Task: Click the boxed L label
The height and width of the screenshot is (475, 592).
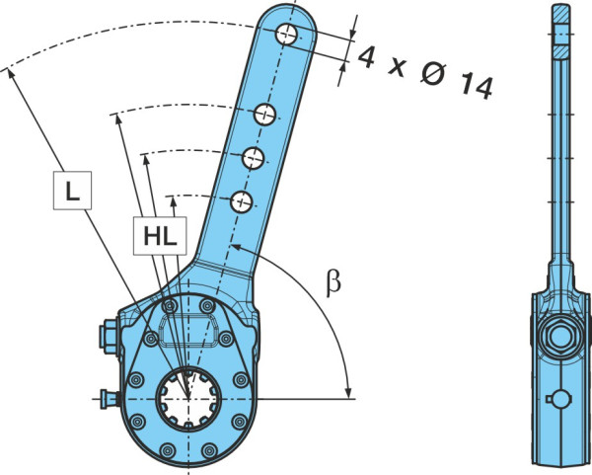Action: point(72,190)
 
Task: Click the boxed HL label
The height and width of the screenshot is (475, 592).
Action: point(160,236)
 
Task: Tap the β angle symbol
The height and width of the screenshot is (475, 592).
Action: point(333,284)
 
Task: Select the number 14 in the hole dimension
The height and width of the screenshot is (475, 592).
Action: point(477,87)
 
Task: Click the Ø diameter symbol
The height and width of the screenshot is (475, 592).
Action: point(433,73)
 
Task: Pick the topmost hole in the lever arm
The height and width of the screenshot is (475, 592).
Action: point(286,35)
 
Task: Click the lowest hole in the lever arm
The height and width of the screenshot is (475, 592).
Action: point(242,201)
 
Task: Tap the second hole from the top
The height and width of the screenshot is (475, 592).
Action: point(265,115)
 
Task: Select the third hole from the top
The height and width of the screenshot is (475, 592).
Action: point(253,158)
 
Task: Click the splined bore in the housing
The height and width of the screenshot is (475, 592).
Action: point(188,399)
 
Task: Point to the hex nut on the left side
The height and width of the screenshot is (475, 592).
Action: point(109,337)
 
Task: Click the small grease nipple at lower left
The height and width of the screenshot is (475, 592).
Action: point(110,399)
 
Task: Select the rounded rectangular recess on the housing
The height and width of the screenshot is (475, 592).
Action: point(189,332)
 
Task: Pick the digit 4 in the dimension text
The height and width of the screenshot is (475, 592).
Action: point(367,57)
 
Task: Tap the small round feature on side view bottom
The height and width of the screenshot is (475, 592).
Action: point(559,399)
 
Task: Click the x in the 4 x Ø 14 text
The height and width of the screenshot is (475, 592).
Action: point(398,68)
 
